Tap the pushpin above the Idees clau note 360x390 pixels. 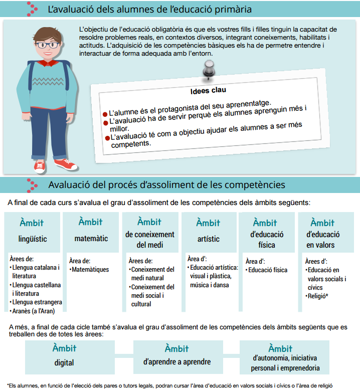coord(208,71)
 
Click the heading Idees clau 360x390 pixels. coord(208,91)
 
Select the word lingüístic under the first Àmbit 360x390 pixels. coord(33,239)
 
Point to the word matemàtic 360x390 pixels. coord(91,239)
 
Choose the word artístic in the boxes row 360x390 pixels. coord(208,239)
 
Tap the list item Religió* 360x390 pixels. coord(317,296)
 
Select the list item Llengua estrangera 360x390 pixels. coord(36,302)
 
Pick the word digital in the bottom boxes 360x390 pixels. coord(64,362)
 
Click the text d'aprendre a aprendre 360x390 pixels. coord(177,361)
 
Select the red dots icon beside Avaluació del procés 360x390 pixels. coord(33,184)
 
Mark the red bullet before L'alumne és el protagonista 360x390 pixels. coord(105,114)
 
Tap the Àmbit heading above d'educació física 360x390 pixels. coord(265,223)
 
